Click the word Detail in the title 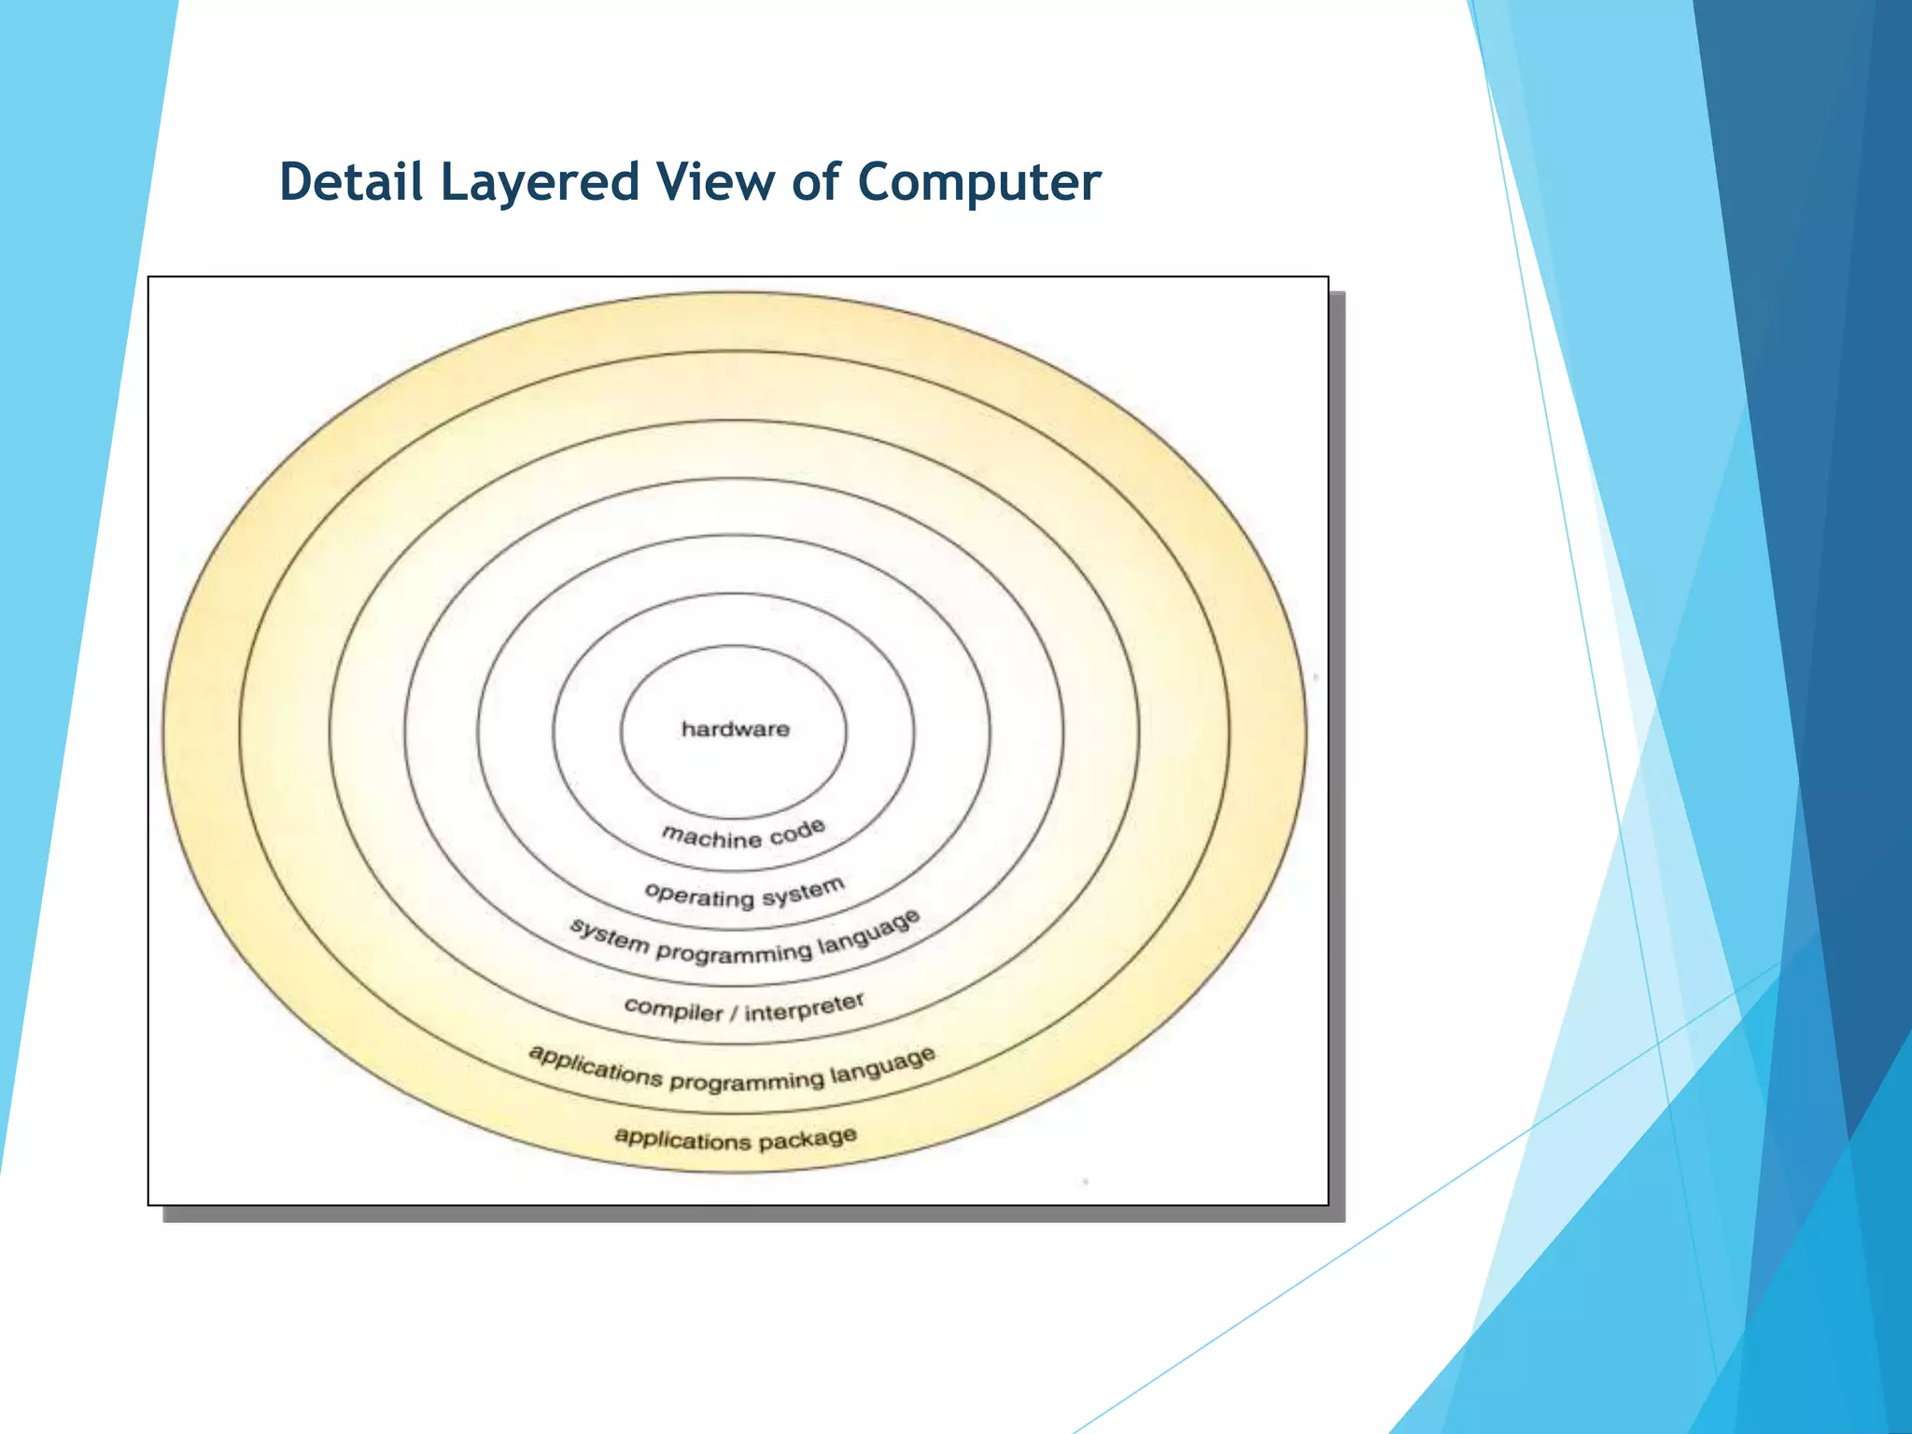coord(352,181)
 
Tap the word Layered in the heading coord(540,183)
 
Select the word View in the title coord(714,181)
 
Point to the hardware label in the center coord(736,729)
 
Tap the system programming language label coord(745,941)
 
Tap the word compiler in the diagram coord(673,1009)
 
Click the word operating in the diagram coord(699,894)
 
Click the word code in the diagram coord(798,831)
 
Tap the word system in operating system coord(804,893)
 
